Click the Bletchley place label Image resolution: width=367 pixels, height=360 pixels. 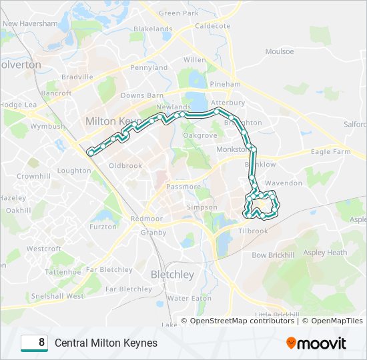coord(172,275)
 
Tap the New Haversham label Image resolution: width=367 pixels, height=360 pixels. coord(29,23)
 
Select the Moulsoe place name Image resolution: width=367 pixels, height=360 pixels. coord(279,51)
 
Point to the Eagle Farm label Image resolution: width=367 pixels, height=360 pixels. coord(331,152)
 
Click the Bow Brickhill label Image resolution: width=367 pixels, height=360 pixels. coord(273,255)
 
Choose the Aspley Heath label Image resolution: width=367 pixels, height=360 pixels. coord(325,253)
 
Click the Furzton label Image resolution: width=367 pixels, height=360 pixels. coord(103,227)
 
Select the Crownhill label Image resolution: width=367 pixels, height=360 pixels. coord(33,176)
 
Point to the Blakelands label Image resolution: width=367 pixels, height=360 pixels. coord(153,29)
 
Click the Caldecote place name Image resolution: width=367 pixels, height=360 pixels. coord(213,26)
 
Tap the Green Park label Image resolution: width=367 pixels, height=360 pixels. coord(179,13)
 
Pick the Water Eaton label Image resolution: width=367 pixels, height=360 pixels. coord(189,298)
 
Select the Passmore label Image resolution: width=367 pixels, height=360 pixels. coord(183,187)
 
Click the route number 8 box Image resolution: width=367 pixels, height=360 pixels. coord(34,343)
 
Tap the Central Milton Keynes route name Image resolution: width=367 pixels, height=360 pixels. coord(106,343)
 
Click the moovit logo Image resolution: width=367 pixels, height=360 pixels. coord(316,343)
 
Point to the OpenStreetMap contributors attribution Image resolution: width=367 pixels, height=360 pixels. coord(242,321)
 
